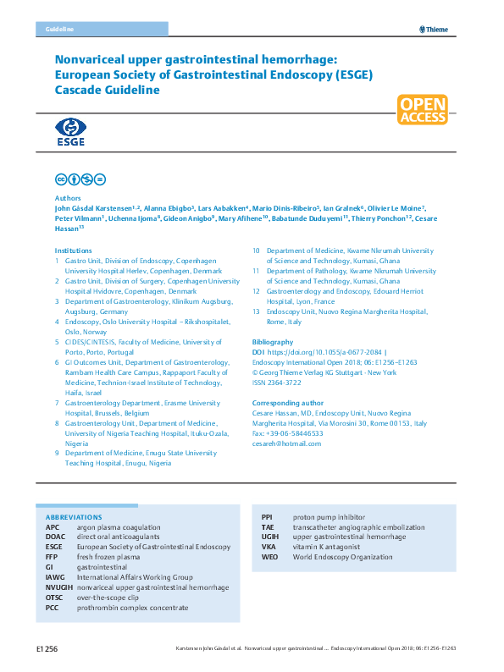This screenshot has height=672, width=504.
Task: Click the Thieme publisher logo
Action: (x=434, y=30)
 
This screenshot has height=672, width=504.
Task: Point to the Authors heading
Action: (x=68, y=197)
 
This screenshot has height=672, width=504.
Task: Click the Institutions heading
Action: (x=73, y=251)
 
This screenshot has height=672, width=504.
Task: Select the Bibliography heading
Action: (x=273, y=342)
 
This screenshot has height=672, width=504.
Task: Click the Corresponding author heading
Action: (x=288, y=404)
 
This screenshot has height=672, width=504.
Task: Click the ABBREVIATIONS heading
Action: (x=74, y=517)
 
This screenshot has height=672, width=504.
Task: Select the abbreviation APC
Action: (x=53, y=526)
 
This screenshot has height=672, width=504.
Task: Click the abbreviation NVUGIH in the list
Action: (x=58, y=587)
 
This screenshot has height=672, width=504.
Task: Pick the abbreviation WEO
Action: (x=269, y=557)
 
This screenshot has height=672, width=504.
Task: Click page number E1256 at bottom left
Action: (x=47, y=648)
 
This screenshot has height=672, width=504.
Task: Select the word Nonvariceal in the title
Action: (x=92, y=60)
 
